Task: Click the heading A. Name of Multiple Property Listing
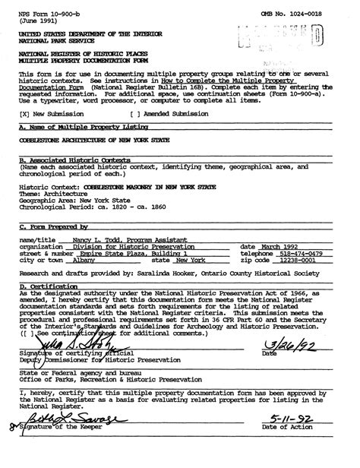[x=68, y=128]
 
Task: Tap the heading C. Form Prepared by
[x=54, y=227]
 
